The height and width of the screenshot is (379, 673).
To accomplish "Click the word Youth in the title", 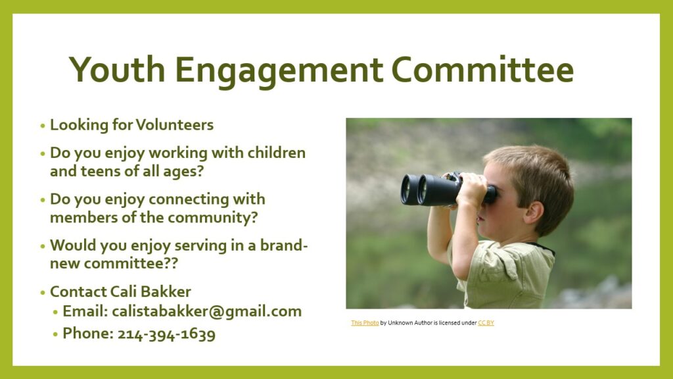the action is pos(117,69).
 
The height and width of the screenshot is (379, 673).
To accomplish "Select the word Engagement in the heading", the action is pos(279,72).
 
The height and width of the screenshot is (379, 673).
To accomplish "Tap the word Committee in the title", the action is pos(482,70).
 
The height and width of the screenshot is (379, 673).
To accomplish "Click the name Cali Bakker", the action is pos(151,291).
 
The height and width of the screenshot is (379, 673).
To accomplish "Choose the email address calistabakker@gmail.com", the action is pos(206,312).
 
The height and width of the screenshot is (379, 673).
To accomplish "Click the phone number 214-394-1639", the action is pos(166,334).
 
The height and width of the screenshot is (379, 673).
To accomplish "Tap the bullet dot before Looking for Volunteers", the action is pos(43,126).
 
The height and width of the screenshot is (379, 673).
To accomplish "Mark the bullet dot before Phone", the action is pos(55,334).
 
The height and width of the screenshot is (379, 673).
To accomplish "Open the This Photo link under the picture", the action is pos(365,322).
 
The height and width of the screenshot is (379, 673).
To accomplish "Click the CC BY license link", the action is pos(486,322).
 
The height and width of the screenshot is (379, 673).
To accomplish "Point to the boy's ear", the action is pos(534,213).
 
